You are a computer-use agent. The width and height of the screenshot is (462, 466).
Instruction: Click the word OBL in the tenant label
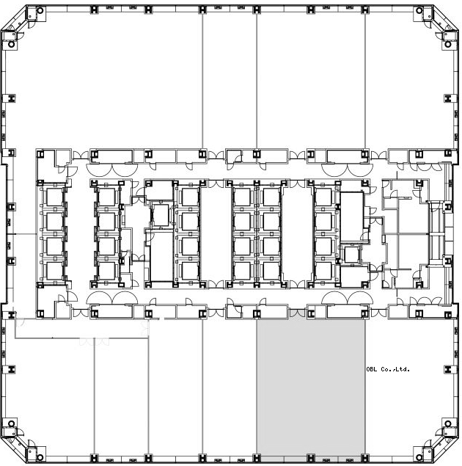click(372, 369)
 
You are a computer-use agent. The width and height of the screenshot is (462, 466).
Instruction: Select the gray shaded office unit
click(311, 387)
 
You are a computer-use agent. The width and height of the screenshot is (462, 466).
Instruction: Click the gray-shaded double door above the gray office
click(297, 313)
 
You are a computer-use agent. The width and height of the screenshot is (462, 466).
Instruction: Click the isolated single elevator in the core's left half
click(161, 215)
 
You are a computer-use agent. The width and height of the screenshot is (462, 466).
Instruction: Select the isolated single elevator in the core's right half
click(352, 255)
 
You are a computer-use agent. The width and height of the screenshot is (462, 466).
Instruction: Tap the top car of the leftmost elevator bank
click(54, 197)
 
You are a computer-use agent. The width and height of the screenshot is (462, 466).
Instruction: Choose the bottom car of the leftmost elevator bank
click(54, 271)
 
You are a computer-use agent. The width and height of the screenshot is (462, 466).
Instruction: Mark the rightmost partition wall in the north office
click(365, 81)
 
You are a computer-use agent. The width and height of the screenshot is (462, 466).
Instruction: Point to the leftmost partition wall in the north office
click(202, 81)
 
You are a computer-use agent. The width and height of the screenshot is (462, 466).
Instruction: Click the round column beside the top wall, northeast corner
click(419, 11)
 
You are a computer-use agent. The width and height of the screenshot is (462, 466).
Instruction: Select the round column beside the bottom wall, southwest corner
click(40, 456)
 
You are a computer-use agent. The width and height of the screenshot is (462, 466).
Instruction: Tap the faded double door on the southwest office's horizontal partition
click(94, 341)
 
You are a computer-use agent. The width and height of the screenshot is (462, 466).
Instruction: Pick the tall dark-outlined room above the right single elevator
click(352, 217)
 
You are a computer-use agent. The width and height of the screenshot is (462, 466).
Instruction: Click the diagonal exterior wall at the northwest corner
click(14, 18)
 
